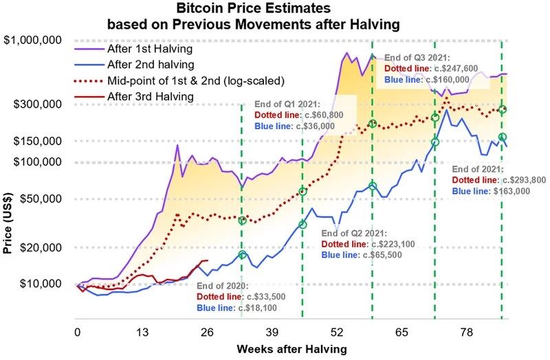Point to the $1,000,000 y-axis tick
pyautogui.click(x=34, y=41)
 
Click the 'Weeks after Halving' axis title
pyautogui.click(x=291, y=349)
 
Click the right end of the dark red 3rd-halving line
pyautogui.click(x=208, y=260)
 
